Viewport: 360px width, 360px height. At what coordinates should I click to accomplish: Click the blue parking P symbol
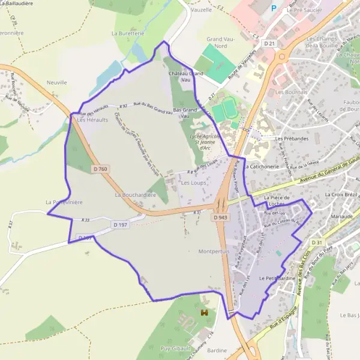[274, 8]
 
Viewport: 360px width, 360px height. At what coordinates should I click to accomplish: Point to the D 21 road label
[269, 44]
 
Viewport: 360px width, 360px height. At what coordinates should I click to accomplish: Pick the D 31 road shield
[317, 242]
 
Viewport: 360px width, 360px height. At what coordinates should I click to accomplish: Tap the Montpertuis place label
[214, 252]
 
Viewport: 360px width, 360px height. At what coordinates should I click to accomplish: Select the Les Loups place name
[193, 182]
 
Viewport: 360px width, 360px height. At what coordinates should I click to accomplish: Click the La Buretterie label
[128, 34]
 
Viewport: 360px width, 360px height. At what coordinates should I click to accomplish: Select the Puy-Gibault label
[176, 348]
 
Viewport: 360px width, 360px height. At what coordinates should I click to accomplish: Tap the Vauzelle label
[201, 10]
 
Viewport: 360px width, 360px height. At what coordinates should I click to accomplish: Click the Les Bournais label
[291, 92]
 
